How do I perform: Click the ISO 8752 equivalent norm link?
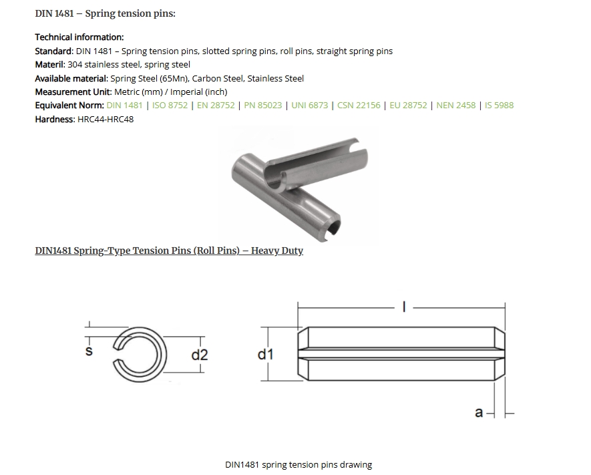170,106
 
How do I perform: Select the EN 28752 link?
216,106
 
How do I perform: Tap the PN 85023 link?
262,106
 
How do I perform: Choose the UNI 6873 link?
309,106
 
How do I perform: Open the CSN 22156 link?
359,106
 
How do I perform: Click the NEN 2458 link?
455,106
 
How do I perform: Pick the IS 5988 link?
499,106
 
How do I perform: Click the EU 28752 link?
408,106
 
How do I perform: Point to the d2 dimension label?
200,355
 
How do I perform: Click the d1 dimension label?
266,354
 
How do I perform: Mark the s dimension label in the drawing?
89,351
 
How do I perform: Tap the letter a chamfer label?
478,413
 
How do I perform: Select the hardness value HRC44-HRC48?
106,119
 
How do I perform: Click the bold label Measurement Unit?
73,92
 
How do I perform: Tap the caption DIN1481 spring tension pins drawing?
298,464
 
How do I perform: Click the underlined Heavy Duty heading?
169,251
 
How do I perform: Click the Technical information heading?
79,37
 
